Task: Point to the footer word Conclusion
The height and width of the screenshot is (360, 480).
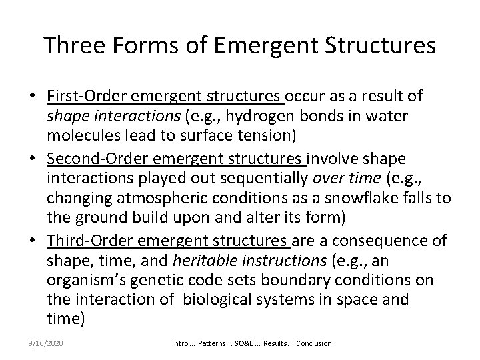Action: (314, 343)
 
